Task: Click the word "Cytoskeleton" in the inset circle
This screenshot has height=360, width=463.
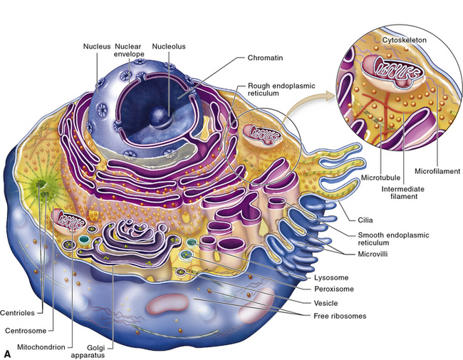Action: [x=404, y=41]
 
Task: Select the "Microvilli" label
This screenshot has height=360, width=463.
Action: [x=380, y=253]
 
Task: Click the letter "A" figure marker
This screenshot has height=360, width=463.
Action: [x=8, y=352]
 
